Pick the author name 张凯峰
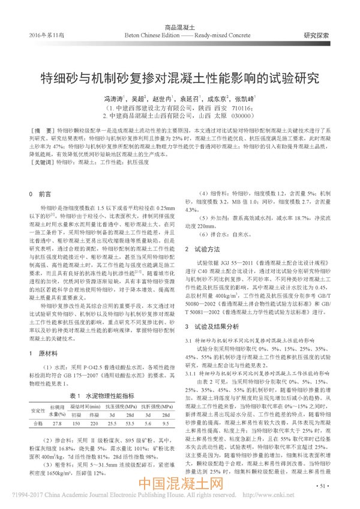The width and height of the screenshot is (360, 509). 245,98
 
